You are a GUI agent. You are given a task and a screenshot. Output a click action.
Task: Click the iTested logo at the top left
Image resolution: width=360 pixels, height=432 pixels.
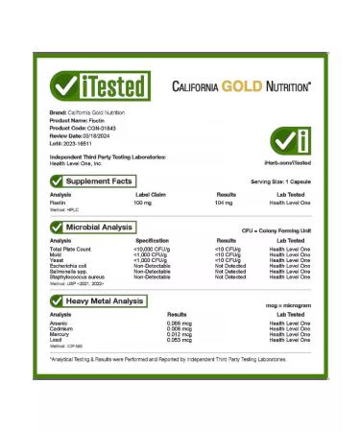[101, 85]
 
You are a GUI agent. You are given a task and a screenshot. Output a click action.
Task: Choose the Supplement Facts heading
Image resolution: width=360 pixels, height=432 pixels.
[99, 180]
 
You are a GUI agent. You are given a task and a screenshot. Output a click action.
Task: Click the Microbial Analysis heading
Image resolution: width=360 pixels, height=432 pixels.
[99, 226]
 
